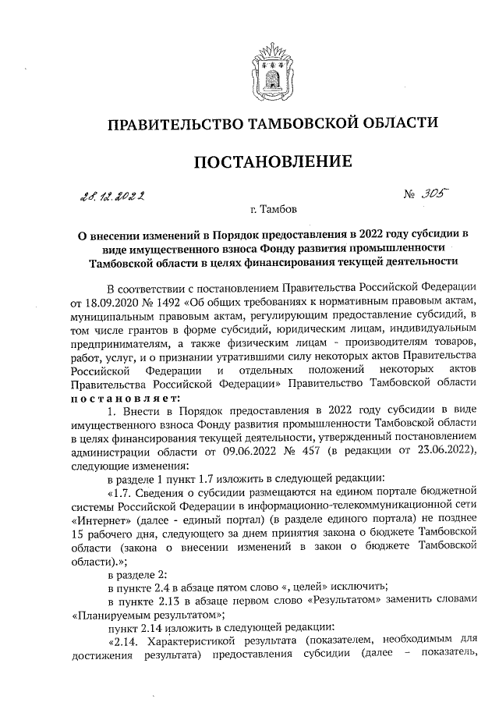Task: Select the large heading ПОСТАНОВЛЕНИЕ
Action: (x=267, y=161)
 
